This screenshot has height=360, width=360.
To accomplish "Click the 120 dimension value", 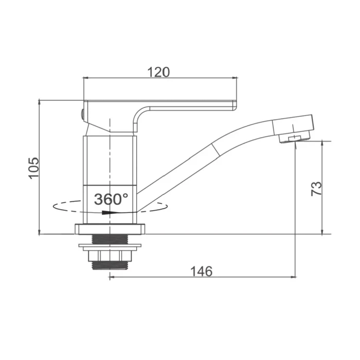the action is click(158, 72).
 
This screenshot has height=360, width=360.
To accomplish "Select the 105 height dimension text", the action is click(34, 168).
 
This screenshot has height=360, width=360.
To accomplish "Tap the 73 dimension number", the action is click(316, 189).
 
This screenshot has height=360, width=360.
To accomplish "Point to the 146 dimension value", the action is click(202, 272).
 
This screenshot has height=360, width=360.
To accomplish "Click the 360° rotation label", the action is click(111, 199).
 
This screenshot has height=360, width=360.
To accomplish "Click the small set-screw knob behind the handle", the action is click(82, 114).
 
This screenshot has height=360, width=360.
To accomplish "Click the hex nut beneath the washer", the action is click(110, 256).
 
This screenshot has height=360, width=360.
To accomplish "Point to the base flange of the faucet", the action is click(110, 229).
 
